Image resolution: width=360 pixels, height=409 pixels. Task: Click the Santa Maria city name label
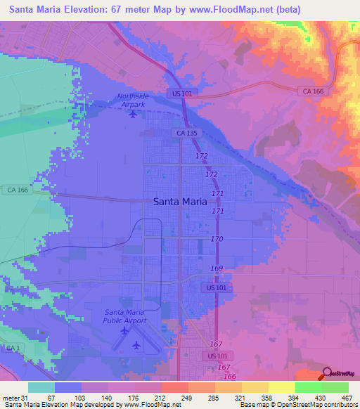180,201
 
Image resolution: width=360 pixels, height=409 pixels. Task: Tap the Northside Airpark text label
134,100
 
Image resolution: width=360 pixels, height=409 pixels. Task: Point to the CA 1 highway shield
11,349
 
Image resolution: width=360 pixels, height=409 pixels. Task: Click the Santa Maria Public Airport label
125,316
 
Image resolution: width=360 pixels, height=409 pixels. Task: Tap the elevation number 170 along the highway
217,240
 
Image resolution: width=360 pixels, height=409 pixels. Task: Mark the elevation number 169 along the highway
217,268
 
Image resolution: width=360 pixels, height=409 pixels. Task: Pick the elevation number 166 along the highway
230,377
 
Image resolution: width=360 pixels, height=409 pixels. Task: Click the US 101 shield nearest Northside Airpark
180,93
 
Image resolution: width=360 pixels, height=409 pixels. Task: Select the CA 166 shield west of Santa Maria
15,190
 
